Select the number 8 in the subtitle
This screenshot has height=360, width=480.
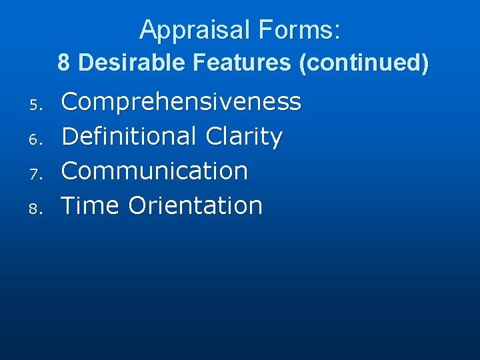click(x=63, y=63)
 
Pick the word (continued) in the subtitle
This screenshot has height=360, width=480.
click(x=363, y=63)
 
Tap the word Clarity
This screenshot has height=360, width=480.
click(x=244, y=137)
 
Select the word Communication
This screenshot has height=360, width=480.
click(x=155, y=171)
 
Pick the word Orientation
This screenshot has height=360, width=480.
click(x=195, y=205)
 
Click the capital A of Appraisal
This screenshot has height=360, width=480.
click(x=149, y=30)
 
